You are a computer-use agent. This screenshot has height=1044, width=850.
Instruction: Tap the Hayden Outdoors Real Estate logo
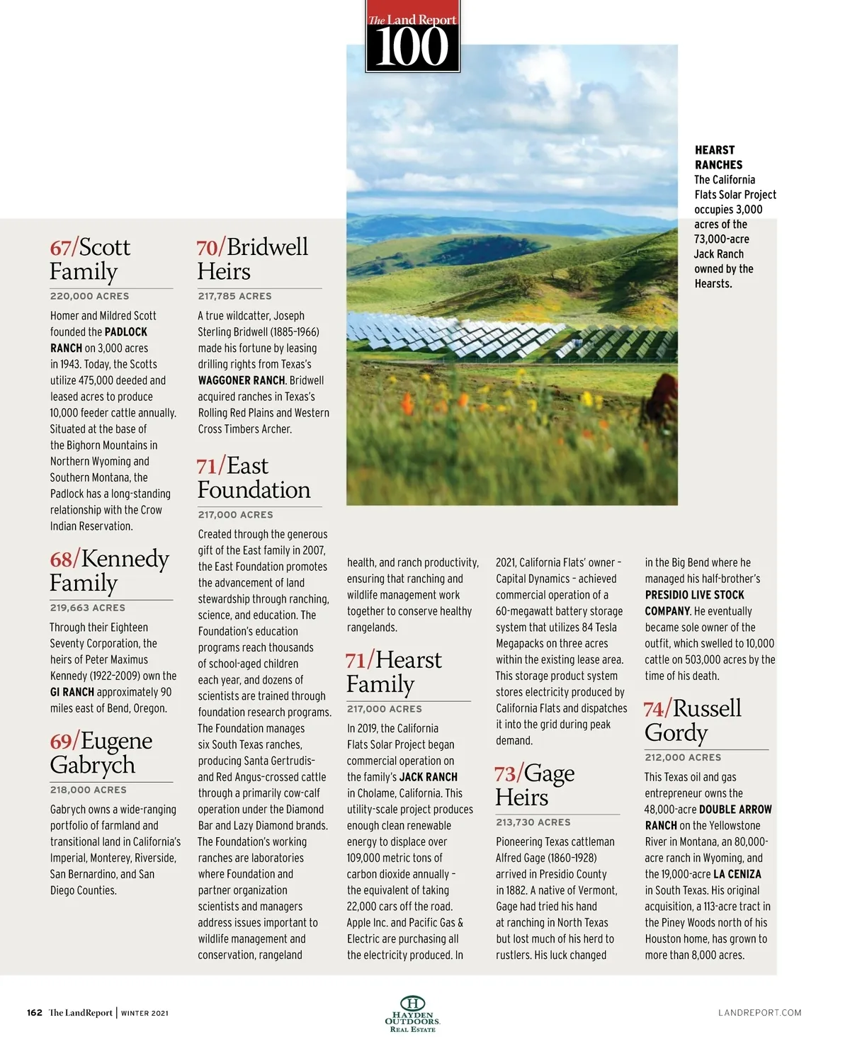click(x=412, y=1014)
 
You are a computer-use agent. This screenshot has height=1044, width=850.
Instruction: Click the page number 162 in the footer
click(x=35, y=1012)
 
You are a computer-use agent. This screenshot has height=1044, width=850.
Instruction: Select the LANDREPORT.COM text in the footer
click(x=759, y=1012)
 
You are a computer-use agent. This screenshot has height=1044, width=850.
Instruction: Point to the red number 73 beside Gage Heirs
click(x=508, y=774)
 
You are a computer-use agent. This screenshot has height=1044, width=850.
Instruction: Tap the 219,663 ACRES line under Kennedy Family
click(x=87, y=608)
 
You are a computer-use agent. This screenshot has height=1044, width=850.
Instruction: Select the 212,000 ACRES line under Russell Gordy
click(x=683, y=757)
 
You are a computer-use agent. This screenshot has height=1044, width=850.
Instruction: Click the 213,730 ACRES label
click(x=533, y=822)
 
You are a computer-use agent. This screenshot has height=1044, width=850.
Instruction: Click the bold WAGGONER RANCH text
click(x=241, y=380)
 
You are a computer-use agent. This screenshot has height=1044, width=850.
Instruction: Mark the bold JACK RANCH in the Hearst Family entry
click(x=428, y=777)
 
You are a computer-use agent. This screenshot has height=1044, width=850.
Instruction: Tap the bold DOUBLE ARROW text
click(x=735, y=810)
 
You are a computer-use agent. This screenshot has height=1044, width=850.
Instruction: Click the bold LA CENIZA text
click(x=737, y=874)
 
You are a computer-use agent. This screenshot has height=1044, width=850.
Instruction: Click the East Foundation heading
click(x=254, y=478)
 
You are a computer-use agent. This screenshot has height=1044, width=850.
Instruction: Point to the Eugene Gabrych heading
click(x=101, y=753)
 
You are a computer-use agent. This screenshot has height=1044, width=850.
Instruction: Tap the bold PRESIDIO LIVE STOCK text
click(x=694, y=595)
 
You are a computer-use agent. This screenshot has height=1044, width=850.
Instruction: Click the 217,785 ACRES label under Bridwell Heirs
click(x=234, y=296)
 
